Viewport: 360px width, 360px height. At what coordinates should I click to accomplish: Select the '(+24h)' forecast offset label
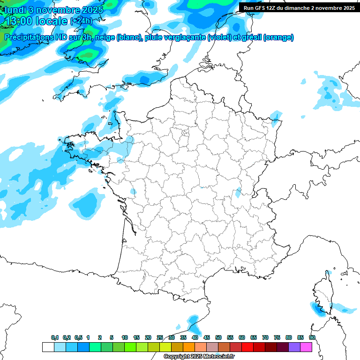click(x=81, y=21)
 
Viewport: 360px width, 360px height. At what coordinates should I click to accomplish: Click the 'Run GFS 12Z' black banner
click(x=299, y=7)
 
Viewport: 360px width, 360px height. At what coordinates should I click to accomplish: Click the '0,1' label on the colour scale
click(x=55, y=337)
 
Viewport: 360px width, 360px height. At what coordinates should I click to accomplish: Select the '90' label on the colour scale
click(x=312, y=337)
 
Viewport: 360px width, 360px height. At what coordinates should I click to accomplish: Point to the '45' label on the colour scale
click(x=207, y=337)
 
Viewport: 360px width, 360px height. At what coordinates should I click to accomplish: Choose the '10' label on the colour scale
click(x=125, y=337)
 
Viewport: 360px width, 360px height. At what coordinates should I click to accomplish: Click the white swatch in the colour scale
click(x=48, y=347)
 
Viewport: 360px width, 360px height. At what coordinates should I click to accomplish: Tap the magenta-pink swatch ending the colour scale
click(x=306, y=347)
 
